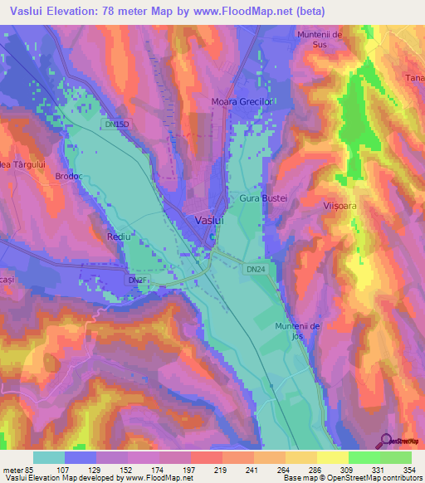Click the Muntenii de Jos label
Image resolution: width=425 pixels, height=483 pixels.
click(x=298, y=331)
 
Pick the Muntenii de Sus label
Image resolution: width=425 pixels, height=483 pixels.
click(x=320, y=39)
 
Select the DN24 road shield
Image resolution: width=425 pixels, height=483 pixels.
click(x=255, y=267)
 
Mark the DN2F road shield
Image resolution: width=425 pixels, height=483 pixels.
click(x=137, y=281)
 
